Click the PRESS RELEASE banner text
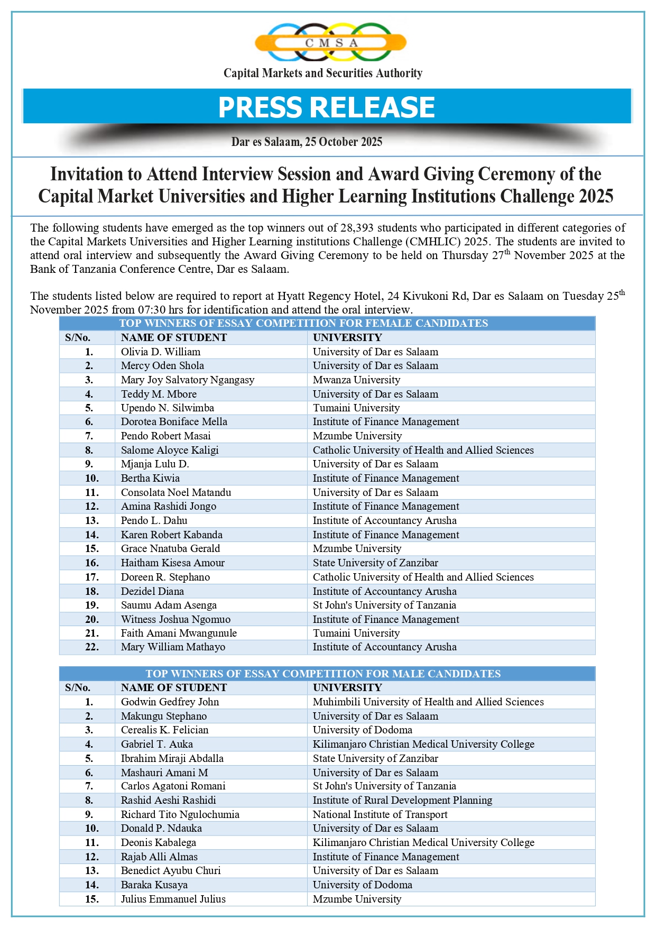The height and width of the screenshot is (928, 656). [327, 107]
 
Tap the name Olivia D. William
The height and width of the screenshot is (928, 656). [161, 352]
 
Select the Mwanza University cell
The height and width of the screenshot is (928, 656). [356, 380]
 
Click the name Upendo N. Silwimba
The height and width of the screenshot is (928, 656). [168, 408]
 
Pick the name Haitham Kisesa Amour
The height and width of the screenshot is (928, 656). [173, 563]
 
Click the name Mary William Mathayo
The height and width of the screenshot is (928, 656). [173, 647]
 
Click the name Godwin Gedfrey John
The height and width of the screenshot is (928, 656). [170, 702]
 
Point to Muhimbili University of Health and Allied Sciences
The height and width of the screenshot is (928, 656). [428, 702]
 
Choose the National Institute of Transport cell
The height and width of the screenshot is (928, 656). [380, 814]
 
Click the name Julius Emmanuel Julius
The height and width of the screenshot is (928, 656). [173, 899]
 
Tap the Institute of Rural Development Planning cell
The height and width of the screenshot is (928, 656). [402, 800]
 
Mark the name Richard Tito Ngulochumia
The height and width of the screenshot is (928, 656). [180, 814]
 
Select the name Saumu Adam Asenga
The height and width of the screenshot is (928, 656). [169, 605]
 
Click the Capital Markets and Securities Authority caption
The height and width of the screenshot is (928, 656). [323, 73]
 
